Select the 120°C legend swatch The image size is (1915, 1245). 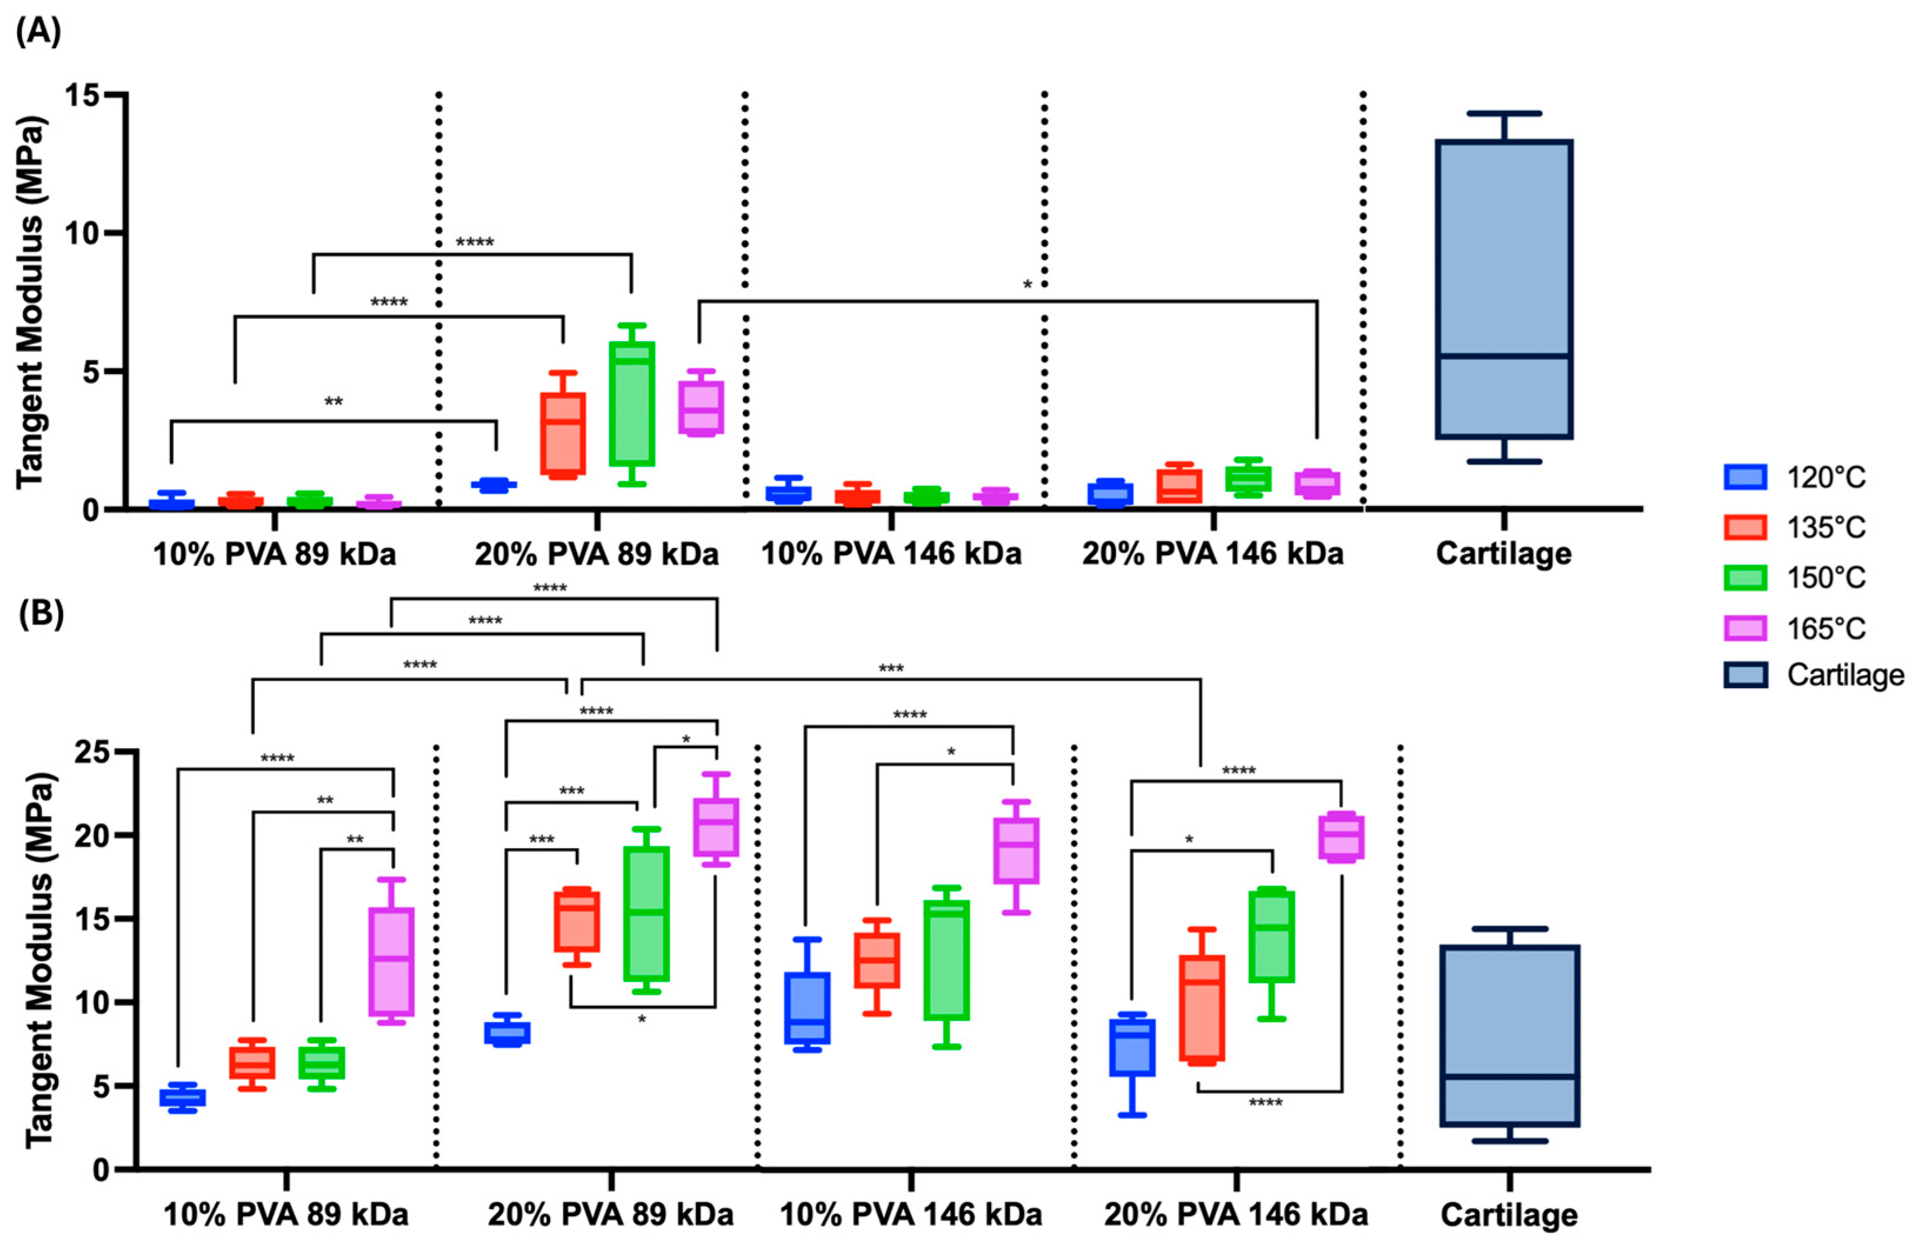1745,477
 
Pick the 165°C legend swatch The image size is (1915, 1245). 1745,627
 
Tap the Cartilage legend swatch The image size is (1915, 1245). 1745,675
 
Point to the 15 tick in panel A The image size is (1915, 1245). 82,95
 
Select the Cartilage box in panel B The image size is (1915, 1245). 1509,1035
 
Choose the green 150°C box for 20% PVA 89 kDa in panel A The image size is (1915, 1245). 632,404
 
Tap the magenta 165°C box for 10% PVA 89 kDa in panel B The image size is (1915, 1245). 391,962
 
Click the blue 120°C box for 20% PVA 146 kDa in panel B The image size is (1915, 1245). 1132,1047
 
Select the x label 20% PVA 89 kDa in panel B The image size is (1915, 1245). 610,1214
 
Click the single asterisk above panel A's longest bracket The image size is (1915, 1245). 1027,285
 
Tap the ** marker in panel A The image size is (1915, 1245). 333,402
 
